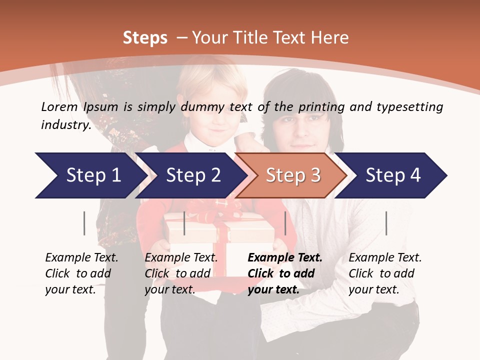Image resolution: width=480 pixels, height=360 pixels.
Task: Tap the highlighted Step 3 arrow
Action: coord(293,175)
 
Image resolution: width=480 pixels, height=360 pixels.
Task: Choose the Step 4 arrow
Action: coord(393,175)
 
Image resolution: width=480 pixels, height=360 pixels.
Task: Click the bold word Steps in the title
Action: coord(145,38)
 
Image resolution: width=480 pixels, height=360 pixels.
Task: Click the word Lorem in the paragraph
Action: coord(59,106)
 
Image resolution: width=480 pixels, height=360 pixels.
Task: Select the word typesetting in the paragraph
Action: coord(409,106)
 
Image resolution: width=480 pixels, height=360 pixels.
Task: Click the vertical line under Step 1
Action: coord(84,223)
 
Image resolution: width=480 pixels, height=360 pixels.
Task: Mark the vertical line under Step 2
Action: coord(184,223)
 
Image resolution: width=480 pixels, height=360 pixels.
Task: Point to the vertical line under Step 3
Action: coord(285,223)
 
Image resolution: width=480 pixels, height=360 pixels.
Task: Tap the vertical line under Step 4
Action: coord(386,223)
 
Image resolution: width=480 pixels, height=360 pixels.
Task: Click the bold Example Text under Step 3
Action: coord(285,258)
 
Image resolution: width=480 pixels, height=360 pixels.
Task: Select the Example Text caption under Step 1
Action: coord(81,258)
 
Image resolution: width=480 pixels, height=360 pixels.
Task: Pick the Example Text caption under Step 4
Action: coord(385,258)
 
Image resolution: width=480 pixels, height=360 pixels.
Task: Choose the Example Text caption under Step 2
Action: coord(181,258)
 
